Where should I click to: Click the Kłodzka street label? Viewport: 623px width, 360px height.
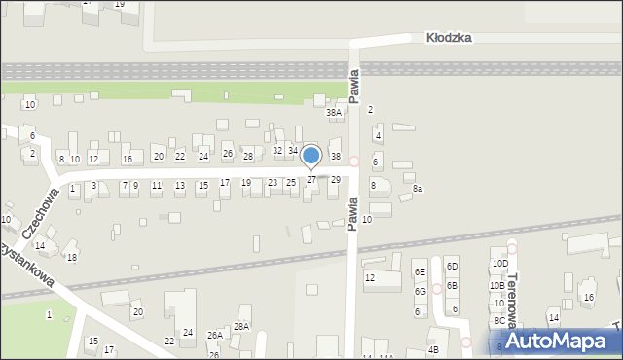pyautogui.click(x=449, y=37)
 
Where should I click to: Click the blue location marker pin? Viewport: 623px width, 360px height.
pyautogui.click(x=311, y=157)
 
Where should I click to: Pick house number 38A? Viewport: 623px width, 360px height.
pyautogui.click(x=334, y=113)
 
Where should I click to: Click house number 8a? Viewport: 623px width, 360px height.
pyautogui.click(x=418, y=189)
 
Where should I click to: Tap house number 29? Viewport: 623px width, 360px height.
pyautogui.click(x=335, y=180)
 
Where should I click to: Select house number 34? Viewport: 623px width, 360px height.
pyautogui.click(x=292, y=150)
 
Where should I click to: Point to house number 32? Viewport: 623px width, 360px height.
pyautogui.click(x=277, y=150)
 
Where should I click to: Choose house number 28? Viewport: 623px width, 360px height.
pyautogui.click(x=247, y=157)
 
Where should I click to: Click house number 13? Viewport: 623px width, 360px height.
pyautogui.click(x=179, y=185)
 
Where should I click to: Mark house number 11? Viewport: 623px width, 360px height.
pyautogui.click(x=157, y=185)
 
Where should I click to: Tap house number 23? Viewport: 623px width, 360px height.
pyautogui.click(x=273, y=182)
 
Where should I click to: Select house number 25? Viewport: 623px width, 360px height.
pyautogui.click(x=290, y=182)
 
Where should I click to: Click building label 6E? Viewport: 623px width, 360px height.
pyautogui.click(x=420, y=272)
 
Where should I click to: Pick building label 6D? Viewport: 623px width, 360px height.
pyautogui.click(x=452, y=267)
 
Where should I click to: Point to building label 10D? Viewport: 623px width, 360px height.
pyautogui.click(x=499, y=264)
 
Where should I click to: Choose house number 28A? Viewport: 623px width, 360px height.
pyautogui.click(x=241, y=327)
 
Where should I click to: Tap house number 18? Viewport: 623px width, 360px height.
pyautogui.click(x=71, y=257)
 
